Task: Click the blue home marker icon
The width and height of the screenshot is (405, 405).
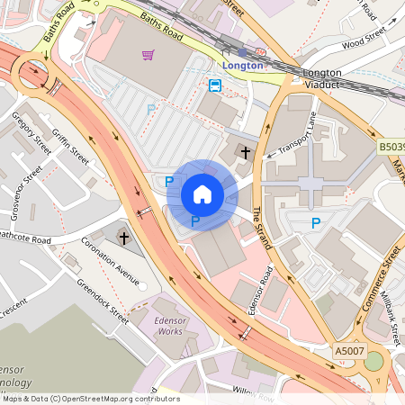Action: click(x=202, y=193)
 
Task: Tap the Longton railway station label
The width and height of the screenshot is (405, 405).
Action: click(x=244, y=65)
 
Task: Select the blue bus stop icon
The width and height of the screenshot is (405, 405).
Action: click(x=215, y=85)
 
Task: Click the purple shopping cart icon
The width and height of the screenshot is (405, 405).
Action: click(x=148, y=55)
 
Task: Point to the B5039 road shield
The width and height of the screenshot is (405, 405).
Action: click(x=390, y=145)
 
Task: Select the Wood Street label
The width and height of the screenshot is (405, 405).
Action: click(x=364, y=40)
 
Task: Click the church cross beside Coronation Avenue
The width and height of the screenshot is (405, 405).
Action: click(x=124, y=238)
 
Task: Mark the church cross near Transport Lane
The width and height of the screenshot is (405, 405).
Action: click(x=247, y=153)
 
